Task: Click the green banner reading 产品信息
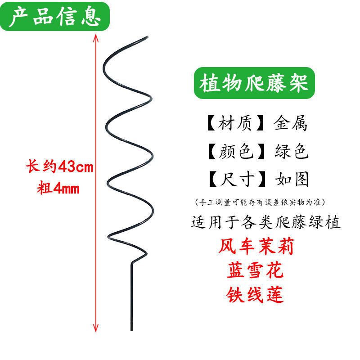[55, 17]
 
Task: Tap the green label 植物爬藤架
[254, 84]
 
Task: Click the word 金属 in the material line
[291, 123]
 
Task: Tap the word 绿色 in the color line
[291, 152]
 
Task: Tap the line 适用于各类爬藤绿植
[266, 222]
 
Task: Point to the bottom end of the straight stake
[132, 330]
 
